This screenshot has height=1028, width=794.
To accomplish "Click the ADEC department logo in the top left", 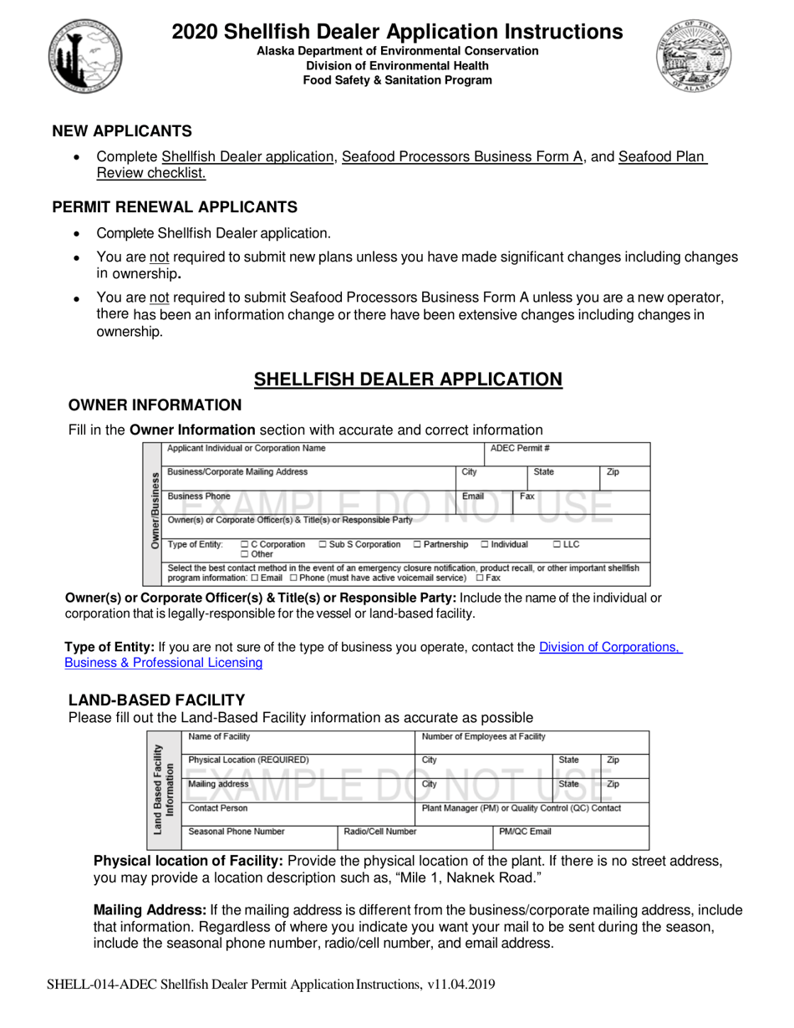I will click(x=85, y=56).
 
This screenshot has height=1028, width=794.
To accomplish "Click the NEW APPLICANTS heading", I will click(x=122, y=131).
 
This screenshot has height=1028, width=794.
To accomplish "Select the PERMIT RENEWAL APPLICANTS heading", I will click(x=174, y=207).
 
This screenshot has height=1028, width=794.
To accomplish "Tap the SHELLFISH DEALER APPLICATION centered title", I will click(x=408, y=379).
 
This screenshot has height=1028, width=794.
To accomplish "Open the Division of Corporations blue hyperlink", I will click(x=610, y=647).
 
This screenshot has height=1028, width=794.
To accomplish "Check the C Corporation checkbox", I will click(x=244, y=545).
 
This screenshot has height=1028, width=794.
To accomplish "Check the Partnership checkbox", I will click(x=418, y=545).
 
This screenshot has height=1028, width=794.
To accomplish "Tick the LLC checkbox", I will click(x=557, y=545).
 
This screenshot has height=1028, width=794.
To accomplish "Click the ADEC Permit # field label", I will click(x=519, y=449).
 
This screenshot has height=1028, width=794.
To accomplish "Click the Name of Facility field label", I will click(x=219, y=737).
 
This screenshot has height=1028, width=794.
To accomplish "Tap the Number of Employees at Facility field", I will click(x=484, y=737).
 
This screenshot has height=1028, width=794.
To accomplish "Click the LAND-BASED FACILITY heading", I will click(x=156, y=700).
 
